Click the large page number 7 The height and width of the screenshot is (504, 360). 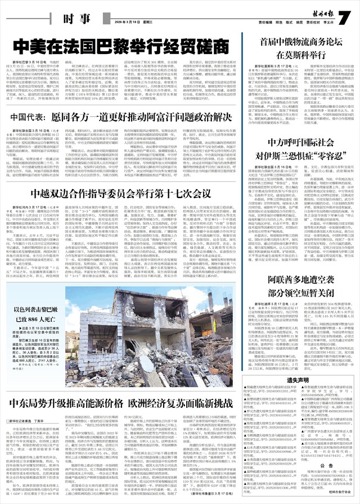[345, 17]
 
